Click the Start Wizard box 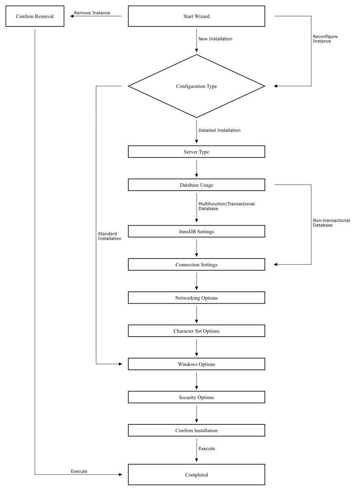(197, 16)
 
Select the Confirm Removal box (35, 16)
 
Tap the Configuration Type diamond (197, 86)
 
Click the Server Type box (197, 152)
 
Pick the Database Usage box (197, 185)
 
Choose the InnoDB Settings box (197, 231)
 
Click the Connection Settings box (197, 265)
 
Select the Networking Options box (197, 298)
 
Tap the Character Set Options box (197, 331)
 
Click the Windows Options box (197, 364)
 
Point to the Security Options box (197, 397)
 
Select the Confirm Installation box (197, 430)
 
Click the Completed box (197, 474)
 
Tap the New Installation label (216, 39)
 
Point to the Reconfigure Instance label (325, 39)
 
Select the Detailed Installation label (219, 130)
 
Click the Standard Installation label (110, 236)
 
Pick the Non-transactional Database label (331, 223)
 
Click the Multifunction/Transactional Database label (227, 206)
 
